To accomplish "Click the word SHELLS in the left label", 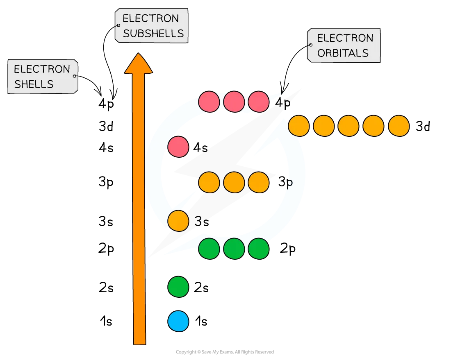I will tap(34, 84).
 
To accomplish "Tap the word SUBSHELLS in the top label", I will tap(153, 33).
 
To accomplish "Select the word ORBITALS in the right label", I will tap(343, 53).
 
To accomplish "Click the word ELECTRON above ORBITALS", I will tap(345, 38).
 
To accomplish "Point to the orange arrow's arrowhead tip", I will tap(139, 54).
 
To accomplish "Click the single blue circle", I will tap(178, 321).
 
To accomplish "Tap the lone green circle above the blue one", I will tap(178, 287).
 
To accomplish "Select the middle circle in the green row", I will tap(234, 248).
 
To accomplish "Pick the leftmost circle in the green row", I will tap(209, 248).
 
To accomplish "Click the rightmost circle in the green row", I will tap(258, 248).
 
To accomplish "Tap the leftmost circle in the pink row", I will tap(209, 102).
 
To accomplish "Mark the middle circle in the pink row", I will tap(234, 102).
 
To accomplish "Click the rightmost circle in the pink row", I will tap(258, 102).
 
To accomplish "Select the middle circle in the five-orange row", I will tap(348, 126).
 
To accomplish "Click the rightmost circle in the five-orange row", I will tap(399, 126).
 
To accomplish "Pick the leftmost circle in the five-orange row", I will tap(298, 126).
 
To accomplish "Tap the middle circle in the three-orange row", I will tap(234, 182).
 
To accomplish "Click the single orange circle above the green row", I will tap(178, 221).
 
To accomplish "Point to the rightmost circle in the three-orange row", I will tap(258, 182).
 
